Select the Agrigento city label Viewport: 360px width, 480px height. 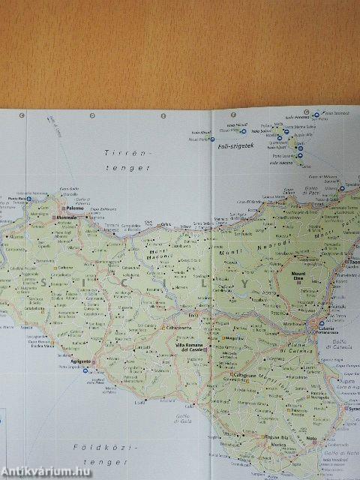[80, 361]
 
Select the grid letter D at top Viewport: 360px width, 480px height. [91, 115]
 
